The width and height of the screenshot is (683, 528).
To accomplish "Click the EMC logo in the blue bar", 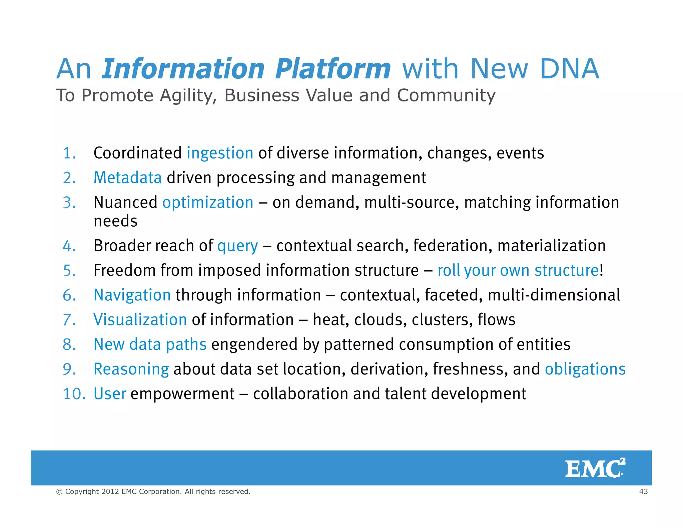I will pyautogui.click(x=595, y=468).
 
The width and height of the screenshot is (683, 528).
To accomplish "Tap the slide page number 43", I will pyautogui.click(x=643, y=491).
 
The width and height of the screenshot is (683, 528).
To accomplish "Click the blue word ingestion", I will pyautogui.click(x=220, y=153).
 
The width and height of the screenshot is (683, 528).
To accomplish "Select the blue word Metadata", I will pyautogui.click(x=127, y=178).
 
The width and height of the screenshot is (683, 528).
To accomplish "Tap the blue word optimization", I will pyautogui.click(x=208, y=203).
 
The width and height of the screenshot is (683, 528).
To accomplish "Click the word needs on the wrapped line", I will pyautogui.click(x=115, y=221).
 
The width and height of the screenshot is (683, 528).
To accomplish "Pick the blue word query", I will pyautogui.click(x=237, y=246).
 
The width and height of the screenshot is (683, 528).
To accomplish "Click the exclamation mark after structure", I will pyautogui.click(x=601, y=270).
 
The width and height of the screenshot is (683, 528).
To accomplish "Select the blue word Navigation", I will pyautogui.click(x=132, y=295).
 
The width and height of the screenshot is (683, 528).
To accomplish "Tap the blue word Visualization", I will pyautogui.click(x=140, y=320).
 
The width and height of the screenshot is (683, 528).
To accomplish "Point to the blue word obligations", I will pyautogui.click(x=585, y=369).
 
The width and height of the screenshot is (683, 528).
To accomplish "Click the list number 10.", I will pyautogui.click(x=74, y=394).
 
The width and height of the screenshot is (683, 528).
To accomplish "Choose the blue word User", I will pyautogui.click(x=110, y=394).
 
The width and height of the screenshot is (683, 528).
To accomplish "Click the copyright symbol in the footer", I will pyautogui.click(x=59, y=492).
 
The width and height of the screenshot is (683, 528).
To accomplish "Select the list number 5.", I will pyautogui.click(x=69, y=270).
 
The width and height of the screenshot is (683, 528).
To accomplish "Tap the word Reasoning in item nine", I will pyautogui.click(x=131, y=369).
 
